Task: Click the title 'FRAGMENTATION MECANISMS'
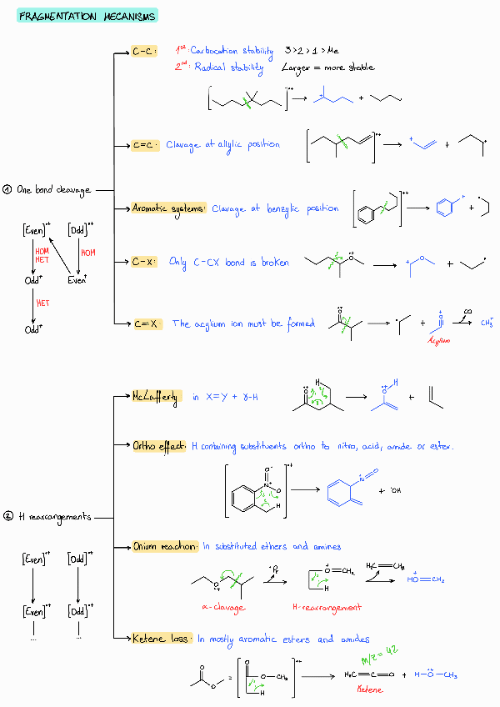pos(86,17)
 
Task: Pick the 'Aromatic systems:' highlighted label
pos(169,208)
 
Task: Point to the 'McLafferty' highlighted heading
pos(155,397)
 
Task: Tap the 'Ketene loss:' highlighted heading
pos(161,639)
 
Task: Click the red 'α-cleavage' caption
pos(222,608)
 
